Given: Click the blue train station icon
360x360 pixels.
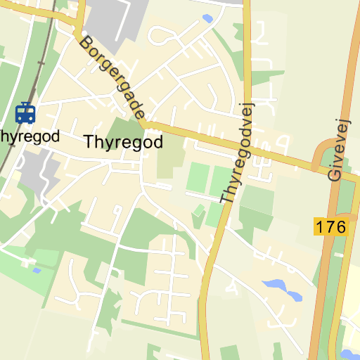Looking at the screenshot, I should point(25,112).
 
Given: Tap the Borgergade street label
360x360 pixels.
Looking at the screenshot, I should point(112,77).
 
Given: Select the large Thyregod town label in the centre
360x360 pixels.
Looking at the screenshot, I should point(123,142).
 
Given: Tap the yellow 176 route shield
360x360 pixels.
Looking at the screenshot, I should point(330,227).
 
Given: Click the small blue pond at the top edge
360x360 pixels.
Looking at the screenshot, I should point(207,18).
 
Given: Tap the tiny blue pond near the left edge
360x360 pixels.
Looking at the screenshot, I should point(37,270).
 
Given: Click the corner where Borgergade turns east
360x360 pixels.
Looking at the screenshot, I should point(143,124).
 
